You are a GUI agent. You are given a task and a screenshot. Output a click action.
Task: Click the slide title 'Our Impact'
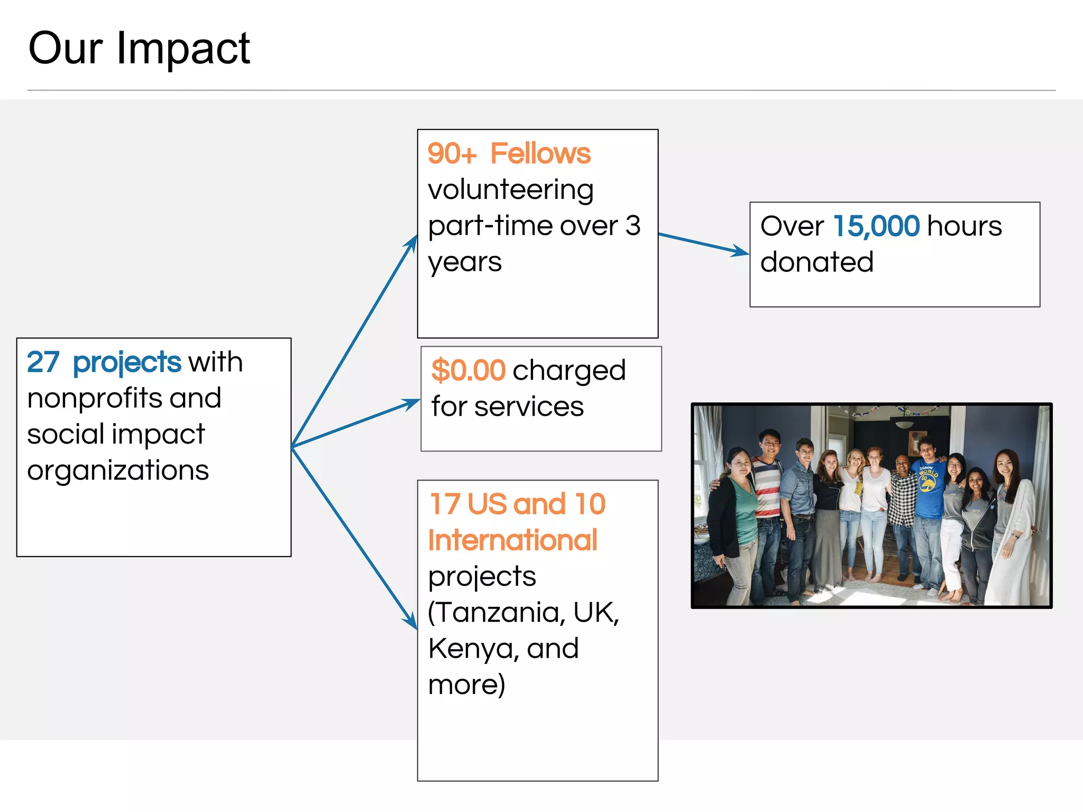(x=139, y=49)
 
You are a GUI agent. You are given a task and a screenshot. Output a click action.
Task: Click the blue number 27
(x=43, y=362)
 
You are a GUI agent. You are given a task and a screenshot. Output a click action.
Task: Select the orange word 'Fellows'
(x=540, y=154)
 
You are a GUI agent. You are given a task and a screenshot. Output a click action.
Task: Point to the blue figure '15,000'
(x=876, y=226)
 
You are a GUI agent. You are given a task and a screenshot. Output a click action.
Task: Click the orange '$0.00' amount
(x=468, y=370)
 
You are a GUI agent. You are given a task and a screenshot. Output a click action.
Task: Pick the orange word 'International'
(x=512, y=540)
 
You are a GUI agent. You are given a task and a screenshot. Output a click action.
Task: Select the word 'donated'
(x=816, y=262)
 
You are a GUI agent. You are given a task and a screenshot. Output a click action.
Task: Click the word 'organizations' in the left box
(x=118, y=470)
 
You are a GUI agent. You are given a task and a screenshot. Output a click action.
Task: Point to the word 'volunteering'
(x=510, y=190)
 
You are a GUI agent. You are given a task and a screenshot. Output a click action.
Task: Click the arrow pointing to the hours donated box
(x=703, y=244)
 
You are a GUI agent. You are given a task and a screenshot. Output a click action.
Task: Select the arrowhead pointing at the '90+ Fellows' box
(x=412, y=244)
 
